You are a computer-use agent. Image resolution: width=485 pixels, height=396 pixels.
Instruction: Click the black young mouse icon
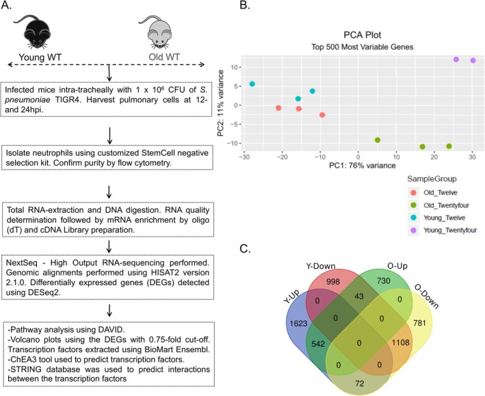(36, 31)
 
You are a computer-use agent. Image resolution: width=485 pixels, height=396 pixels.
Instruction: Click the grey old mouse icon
(157, 31)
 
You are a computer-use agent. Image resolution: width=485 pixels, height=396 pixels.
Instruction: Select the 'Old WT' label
(164, 57)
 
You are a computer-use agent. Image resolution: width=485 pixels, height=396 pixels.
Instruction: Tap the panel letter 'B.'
(245, 5)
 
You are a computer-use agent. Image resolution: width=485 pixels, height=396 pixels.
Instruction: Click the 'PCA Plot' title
(363, 35)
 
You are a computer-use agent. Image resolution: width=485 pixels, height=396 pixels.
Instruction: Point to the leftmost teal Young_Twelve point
(252, 84)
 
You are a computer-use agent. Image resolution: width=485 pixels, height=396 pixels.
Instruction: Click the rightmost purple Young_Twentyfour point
(473, 60)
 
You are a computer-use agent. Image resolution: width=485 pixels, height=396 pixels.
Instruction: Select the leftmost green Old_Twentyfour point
(378, 140)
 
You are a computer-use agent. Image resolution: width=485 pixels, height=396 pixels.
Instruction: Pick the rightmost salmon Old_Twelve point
(322, 115)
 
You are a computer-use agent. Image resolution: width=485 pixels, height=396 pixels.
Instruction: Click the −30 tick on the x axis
(244, 157)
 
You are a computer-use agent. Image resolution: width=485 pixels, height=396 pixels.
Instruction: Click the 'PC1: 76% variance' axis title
(362, 166)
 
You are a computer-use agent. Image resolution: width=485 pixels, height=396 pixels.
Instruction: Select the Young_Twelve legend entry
(437, 217)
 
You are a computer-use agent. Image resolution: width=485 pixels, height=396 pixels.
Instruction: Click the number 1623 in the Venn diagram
(298, 324)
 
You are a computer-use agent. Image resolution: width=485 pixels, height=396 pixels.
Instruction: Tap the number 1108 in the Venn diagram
(401, 343)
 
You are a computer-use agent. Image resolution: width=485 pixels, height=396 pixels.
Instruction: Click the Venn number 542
(318, 344)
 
